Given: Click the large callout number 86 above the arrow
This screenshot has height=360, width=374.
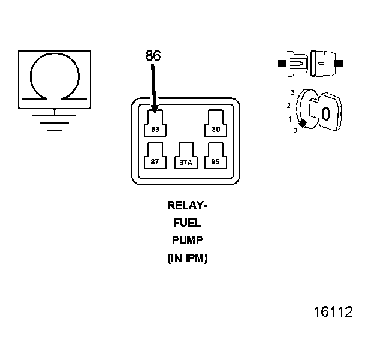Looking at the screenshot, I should [x=153, y=56].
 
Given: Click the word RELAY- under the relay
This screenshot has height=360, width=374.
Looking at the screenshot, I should [x=187, y=205].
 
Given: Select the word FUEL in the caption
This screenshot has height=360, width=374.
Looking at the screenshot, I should [x=187, y=223].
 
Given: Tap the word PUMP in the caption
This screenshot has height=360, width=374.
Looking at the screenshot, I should [x=187, y=241].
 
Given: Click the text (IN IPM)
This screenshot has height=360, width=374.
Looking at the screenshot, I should [x=187, y=259].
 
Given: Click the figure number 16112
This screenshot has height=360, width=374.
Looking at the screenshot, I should [x=333, y=312].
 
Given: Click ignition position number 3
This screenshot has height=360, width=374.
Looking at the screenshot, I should [x=292, y=92].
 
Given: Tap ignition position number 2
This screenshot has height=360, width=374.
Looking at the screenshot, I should [x=289, y=106].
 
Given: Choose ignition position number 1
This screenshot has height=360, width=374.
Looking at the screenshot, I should [x=290, y=119].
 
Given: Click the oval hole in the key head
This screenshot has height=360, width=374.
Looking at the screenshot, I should [x=325, y=113].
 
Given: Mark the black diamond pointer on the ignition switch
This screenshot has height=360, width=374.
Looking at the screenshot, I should [x=303, y=123].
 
